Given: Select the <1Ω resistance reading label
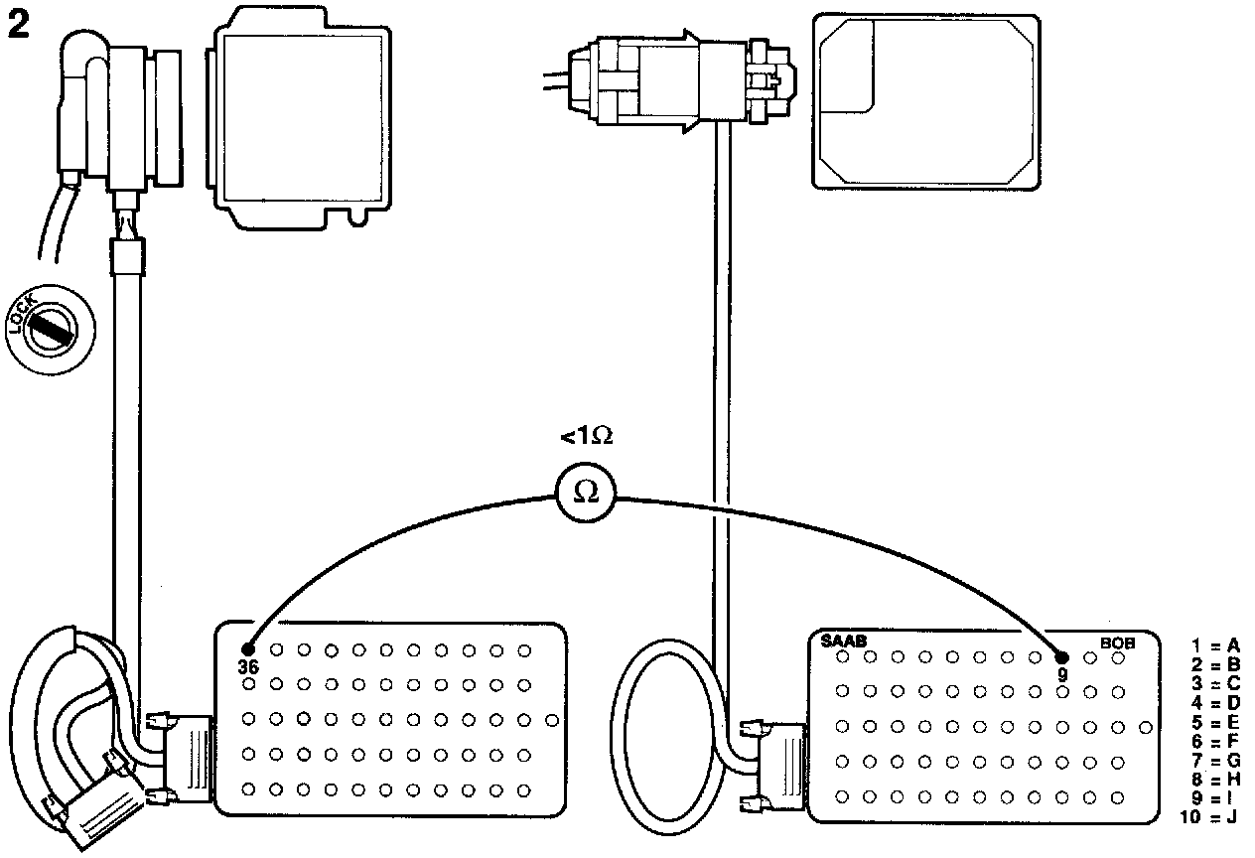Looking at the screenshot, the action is pos(586,436).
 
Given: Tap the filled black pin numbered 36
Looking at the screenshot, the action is pos(248,650).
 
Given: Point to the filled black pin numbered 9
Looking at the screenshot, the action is pos(1061,656).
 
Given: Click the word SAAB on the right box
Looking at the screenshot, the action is pos(842,641).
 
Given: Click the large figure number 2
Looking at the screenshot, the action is pos(19,27).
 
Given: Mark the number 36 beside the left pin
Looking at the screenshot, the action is pos(248,667).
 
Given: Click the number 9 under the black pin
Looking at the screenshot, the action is pos(1062,674).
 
